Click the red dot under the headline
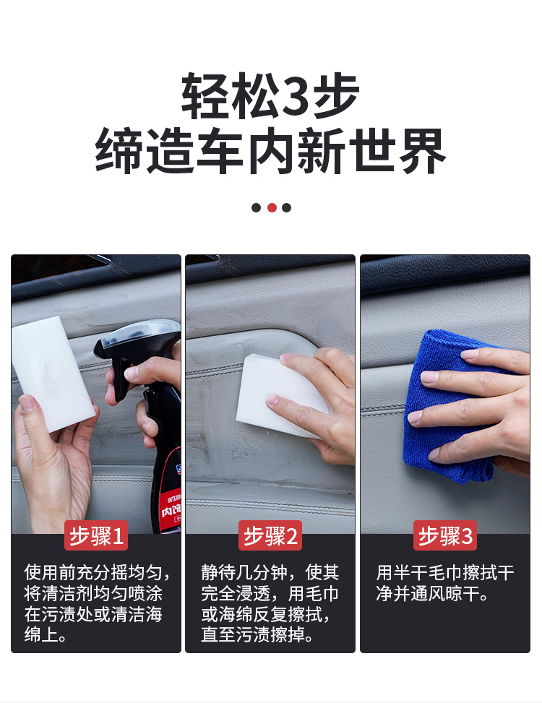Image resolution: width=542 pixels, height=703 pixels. click(272, 207)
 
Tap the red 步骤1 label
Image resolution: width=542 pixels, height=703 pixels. click(96, 535)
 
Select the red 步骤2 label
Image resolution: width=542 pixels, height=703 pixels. click(270, 535)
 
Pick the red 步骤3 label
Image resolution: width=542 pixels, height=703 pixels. click(444, 535)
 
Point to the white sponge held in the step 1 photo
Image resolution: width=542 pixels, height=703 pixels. click(53, 373)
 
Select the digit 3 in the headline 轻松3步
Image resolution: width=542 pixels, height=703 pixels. click(296, 95)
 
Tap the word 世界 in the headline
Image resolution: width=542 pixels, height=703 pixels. click(397, 151)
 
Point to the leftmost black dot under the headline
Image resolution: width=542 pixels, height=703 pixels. click(256, 207)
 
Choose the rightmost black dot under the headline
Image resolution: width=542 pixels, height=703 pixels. click(286, 207)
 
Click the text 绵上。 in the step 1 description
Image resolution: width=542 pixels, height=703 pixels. click(46, 634)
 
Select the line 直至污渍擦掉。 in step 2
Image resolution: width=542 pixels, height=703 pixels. click(257, 634)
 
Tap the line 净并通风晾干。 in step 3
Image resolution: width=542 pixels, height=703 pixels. click(432, 593)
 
